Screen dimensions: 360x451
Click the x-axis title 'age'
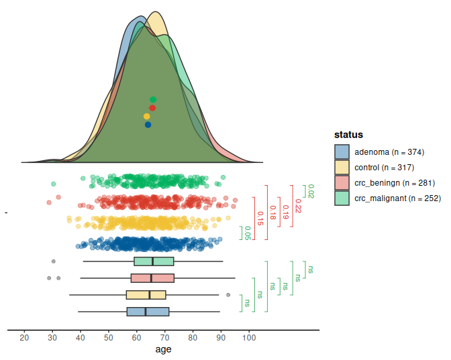pyautogui.click(x=163, y=349)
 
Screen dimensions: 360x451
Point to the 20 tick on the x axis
pyautogui.click(x=25, y=337)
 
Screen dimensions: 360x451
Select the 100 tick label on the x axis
pyautogui.click(x=248, y=337)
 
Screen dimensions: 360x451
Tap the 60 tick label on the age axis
pyautogui.click(x=136, y=337)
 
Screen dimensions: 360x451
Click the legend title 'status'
pyautogui.click(x=348, y=135)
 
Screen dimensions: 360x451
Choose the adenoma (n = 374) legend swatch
pyautogui.click(x=342, y=152)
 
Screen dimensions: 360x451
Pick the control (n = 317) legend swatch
pyautogui.click(x=342, y=167)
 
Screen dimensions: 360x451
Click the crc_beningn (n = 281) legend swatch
pyautogui.click(x=342, y=182)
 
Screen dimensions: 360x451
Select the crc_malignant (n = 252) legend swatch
pyautogui.click(x=342, y=198)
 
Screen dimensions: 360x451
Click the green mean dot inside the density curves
pyautogui.click(x=153, y=99)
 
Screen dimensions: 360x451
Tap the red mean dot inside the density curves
pyautogui.click(x=152, y=107)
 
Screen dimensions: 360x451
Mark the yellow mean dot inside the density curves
pyautogui.click(x=147, y=116)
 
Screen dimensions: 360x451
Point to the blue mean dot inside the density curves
pyautogui.click(x=148, y=125)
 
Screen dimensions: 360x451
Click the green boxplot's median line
pyautogui.click(x=153, y=261)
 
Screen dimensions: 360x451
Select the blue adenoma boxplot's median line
pyautogui.click(x=146, y=312)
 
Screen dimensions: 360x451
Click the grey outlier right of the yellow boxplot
pyautogui.click(x=228, y=295)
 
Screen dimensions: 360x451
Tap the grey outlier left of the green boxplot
pyautogui.click(x=54, y=261)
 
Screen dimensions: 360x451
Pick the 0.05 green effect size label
pyautogui.click(x=248, y=233)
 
